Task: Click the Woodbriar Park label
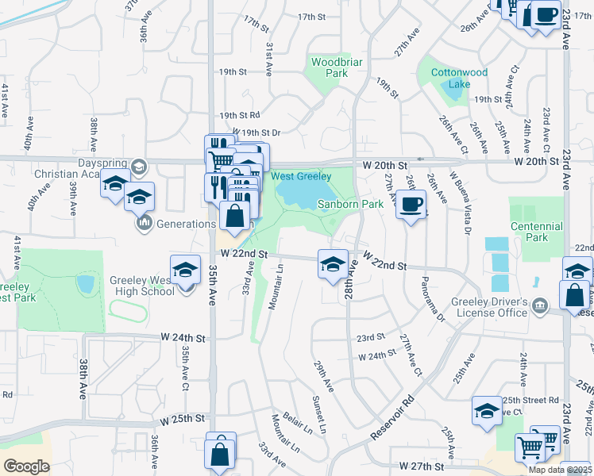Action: (x=330, y=67)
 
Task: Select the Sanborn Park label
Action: (x=350, y=204)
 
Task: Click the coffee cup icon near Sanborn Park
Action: (x=411, y=205)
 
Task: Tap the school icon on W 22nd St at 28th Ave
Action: (x=333, y=264)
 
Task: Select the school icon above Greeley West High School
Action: (x=185, y=271)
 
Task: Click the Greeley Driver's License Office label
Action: (x=490, y=307)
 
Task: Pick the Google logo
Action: (x=27, y=466)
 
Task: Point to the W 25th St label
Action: (x=182, y=418)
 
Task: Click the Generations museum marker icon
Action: (x=144, y=224)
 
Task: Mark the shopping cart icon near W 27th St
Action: (x=530, y=446)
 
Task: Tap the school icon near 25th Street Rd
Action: (x=487, y=411)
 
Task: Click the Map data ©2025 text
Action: (x=558, y=470)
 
